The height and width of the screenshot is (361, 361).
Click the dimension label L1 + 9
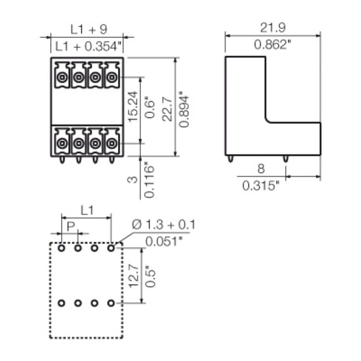coord(88,29)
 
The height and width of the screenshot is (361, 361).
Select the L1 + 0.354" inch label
coord(89,46)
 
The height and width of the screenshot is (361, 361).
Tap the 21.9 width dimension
coord(273,28)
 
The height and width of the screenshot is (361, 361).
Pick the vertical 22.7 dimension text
coord(167,107)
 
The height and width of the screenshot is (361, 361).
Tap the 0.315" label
coord(261,185)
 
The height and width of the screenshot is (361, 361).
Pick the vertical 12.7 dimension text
coord(133,276)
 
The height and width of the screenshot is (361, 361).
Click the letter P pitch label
coord(70,226)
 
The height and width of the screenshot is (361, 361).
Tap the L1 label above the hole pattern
coord(87,210)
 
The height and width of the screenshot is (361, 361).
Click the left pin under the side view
coord(231,159)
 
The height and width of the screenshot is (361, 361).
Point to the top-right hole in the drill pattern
coord(111,248)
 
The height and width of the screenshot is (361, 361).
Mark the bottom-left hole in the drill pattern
coord(62,303)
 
